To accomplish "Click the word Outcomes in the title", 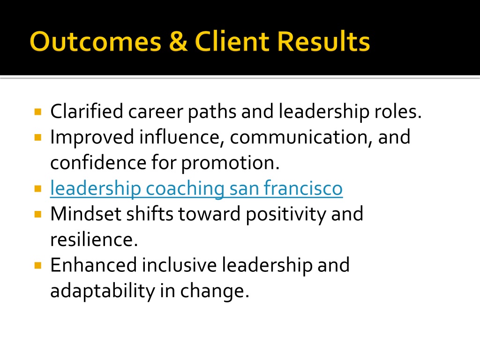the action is (96, 41).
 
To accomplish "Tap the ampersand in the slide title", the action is (178, 41).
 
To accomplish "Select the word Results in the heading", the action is (323, 41).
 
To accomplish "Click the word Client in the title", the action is (232, 41).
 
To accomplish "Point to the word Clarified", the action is (87, 111).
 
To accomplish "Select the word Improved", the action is (92, 138).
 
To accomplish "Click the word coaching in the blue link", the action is (185, 189).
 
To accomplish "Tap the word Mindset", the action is (86, 214).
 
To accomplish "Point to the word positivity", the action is (286, 215).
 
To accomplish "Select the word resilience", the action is (94, 240).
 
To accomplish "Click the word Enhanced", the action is (93, 265).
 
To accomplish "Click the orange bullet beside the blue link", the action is (38, 188).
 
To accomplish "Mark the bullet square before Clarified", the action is (38, 112).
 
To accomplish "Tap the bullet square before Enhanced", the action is (38, 265).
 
